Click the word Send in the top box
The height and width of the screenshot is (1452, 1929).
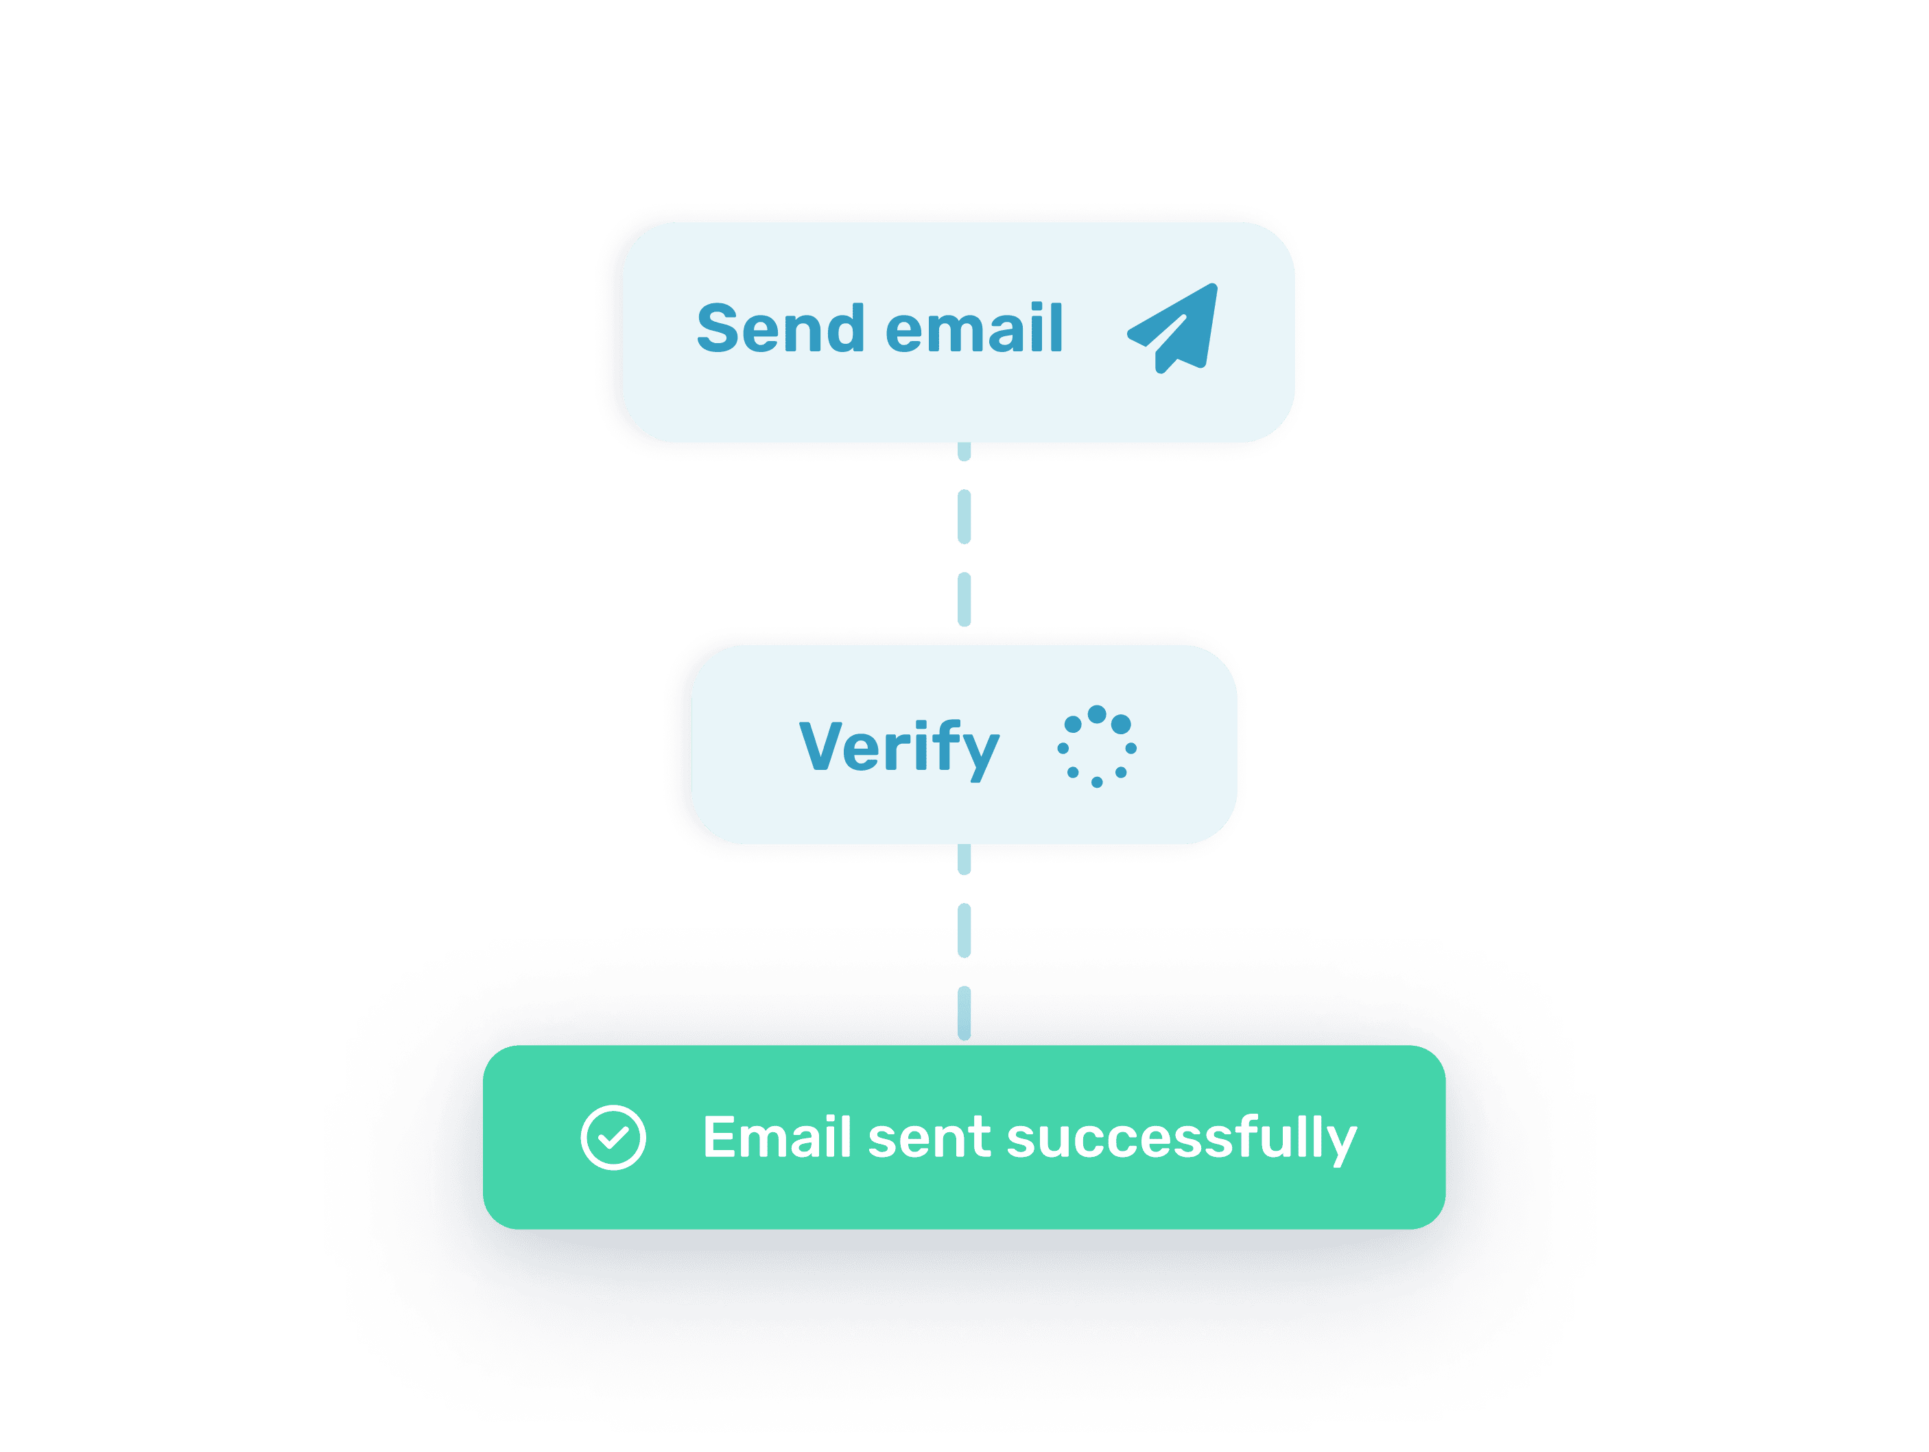pos(779,329)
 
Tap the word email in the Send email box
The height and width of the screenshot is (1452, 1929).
pos(974,329)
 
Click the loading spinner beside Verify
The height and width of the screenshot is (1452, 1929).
pos(1096,747)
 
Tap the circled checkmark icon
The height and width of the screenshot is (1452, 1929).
pos(613,1137)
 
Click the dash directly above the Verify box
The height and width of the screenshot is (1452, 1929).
pos(964,598)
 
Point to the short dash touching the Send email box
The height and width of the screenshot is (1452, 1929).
pos(964,452)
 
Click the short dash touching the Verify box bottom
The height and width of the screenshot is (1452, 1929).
pos(964,859)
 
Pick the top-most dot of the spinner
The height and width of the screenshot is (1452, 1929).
pos(1097,714)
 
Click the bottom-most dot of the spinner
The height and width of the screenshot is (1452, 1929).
pos(1097,782)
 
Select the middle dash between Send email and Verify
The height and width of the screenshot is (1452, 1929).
pos(964,516)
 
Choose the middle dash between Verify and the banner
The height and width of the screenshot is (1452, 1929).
pos(964,930)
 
